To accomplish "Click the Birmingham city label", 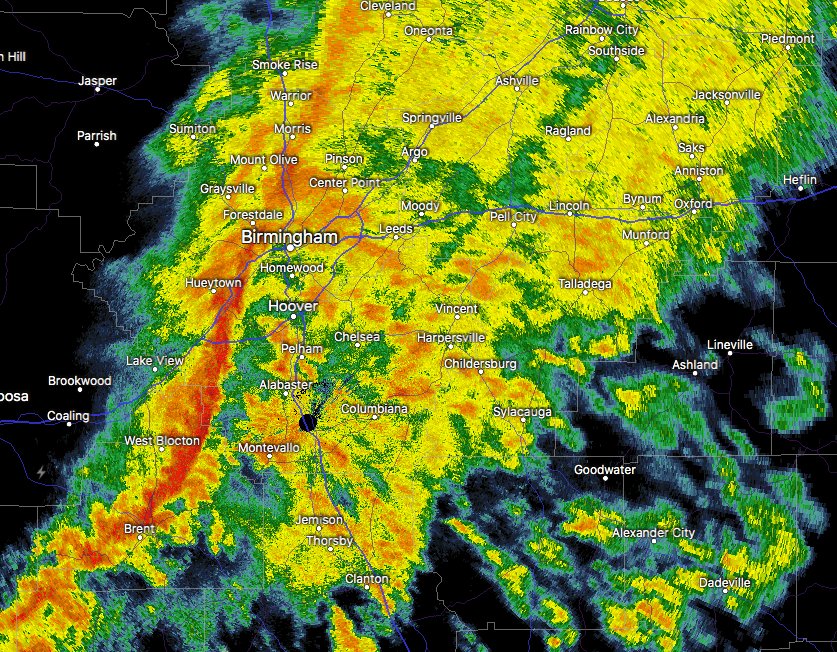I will click(290, 237).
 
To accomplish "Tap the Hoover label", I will click(293, 305).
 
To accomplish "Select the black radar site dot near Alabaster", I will click(307, 422).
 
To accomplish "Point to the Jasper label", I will click(98, 81).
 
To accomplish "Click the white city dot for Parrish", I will click(97, 144).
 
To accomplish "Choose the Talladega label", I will click(585, 284).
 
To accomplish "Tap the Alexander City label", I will click(653, 533).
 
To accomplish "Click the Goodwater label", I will click(605, 470).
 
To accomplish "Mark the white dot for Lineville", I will click(730, 353).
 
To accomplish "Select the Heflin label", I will click(800, 180).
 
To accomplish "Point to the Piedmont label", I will click(787, 39).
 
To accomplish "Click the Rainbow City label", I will click(601, 30).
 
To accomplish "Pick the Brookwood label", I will click(80, 381).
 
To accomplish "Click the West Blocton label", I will click(162, 441).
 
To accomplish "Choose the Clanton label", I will click(366, 579).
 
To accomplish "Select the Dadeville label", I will click(725, 583).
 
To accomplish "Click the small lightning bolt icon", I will click(40, 471).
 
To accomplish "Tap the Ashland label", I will click(695, 365).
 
